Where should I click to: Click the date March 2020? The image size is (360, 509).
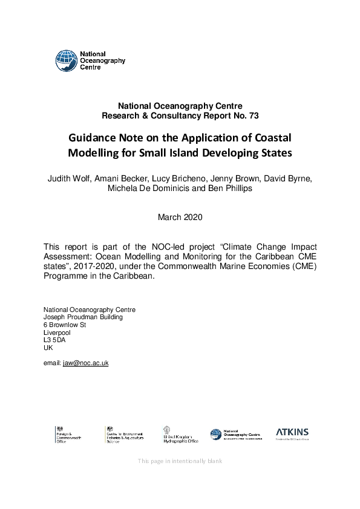(180, 216)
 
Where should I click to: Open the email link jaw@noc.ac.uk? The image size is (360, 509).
(85, 363)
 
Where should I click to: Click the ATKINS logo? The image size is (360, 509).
(292, 433)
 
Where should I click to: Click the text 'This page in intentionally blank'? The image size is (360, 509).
(180, 461)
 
